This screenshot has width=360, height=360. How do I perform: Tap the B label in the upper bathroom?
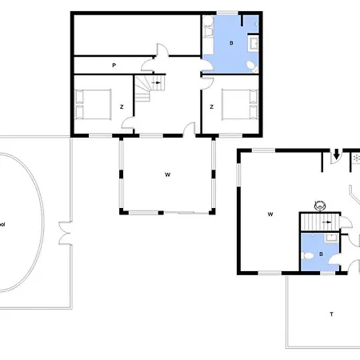pos(232,43)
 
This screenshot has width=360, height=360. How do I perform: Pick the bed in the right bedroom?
pos(239,105)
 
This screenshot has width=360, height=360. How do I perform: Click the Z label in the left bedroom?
pos(121,106)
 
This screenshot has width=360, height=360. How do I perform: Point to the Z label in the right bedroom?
pos(210,106)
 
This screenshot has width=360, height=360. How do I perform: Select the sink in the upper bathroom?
pos(255,42)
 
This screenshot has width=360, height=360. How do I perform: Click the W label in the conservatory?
pos(167,174)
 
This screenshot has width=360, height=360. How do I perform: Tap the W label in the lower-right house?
pos(270,214)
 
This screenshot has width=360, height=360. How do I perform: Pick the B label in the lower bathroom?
pos(321,254)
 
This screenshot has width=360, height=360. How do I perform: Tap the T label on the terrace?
pos(331,314)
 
